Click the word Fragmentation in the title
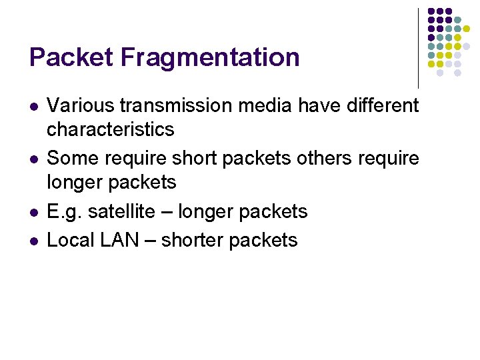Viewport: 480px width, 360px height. pyautogui.click(x=211, y=57)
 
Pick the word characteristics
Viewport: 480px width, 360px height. pyautogui.click(x=111, y=129)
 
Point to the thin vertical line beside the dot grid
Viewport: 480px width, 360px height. pyautogui.click(x=418, y=47)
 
